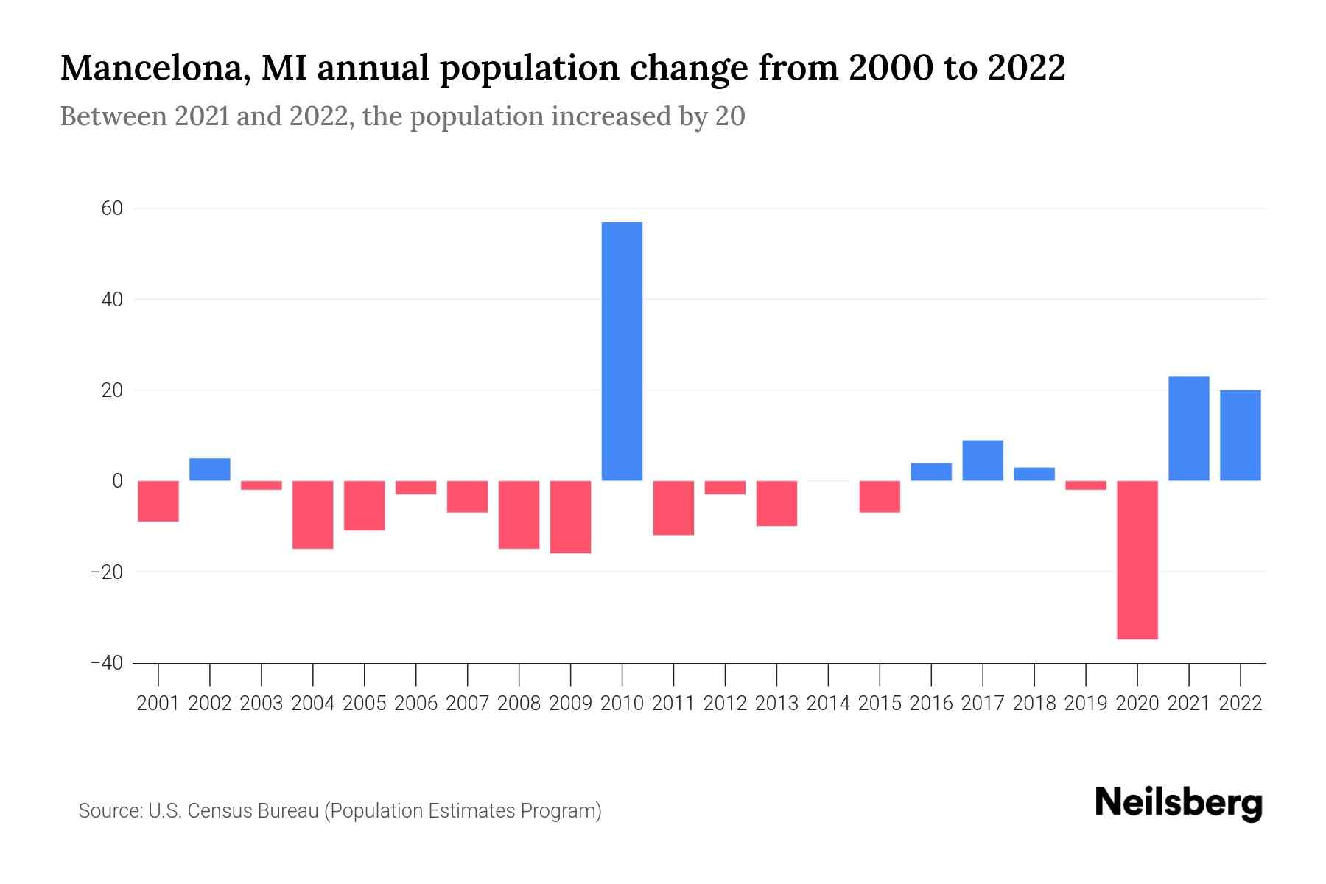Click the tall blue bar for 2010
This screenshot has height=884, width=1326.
[x=622, y=351]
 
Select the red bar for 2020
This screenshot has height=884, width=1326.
[x=1137, y=560]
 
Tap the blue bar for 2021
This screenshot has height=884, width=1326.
[x=1189, y=429]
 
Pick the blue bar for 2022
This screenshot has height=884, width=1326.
[x=1241, y=435]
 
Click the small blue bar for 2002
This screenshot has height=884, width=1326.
[x=210, y=469]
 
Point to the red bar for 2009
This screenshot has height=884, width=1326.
[x=570, y=516]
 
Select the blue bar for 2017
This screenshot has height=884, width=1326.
[x=983, y=460]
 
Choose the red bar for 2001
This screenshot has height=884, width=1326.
[x=158, y=501]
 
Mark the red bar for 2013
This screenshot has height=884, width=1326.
[x=776, y=503]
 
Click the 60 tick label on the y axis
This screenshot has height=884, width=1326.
[x=112, y=209]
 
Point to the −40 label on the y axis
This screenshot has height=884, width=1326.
[x=107, y=663]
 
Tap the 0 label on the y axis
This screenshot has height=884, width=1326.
[x=117, y=481]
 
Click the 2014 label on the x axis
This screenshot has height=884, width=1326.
[x=828, y=704]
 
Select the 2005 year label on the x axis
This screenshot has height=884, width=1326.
[x=365, y=704]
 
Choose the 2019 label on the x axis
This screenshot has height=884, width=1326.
[x=1086, y=704]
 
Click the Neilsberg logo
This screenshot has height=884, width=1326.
[x=1178, y=804]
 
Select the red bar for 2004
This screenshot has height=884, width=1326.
[x=313, y=514]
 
